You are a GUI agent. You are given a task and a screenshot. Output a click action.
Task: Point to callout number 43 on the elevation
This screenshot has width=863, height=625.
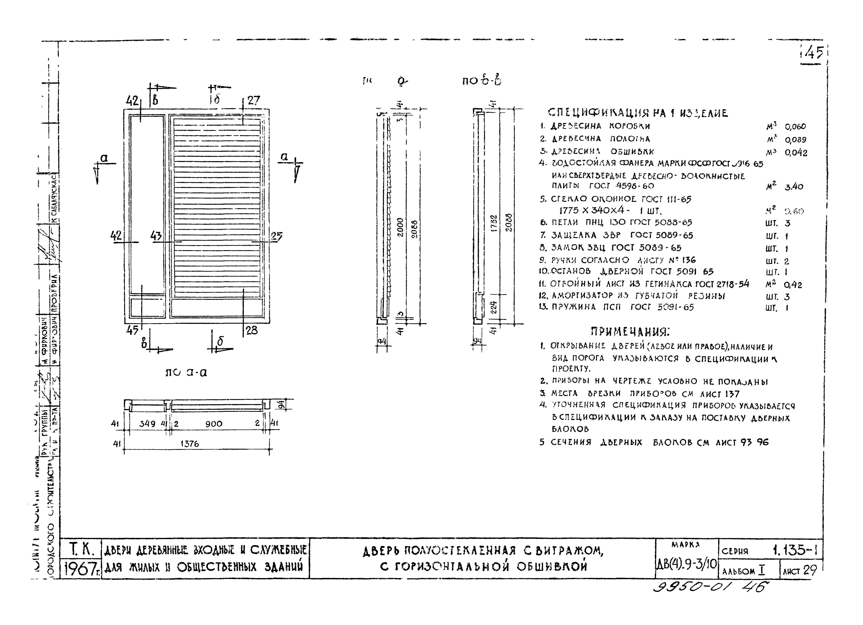pyautogui.click(x=156, y=236)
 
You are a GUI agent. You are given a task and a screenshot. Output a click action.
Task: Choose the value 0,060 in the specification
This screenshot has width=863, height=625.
pyautogui.click(x=795, y=127)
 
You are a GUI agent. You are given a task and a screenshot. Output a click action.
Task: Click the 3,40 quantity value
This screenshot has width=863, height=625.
pyautogui.click(x=794, y=187)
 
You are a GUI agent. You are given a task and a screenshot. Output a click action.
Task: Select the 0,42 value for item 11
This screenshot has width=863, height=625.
pyautogui.click(x=793, y=285)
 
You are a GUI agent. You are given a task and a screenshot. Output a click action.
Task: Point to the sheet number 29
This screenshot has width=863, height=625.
pyautogui.click(x=810, y=570)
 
